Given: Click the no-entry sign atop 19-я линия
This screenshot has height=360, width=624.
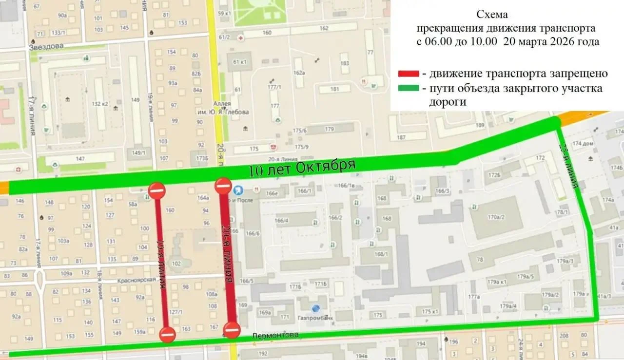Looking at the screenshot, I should [x=156, y=190].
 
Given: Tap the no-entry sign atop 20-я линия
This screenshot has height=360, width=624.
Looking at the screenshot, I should [x=223, y=185].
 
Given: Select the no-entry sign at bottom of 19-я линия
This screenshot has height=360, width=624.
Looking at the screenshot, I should [x=167, y=335].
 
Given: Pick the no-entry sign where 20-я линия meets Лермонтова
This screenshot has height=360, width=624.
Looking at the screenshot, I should [x=232, y=330].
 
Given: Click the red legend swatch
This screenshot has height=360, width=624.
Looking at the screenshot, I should [x=409, y=74].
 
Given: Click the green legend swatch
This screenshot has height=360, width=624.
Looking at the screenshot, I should [x=409, y=89].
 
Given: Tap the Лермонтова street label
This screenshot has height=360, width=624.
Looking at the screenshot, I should [x=275, y=336].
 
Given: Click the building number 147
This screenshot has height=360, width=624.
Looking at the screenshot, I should [x=80, y=159].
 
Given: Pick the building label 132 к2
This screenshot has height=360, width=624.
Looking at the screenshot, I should [x=99, y=104].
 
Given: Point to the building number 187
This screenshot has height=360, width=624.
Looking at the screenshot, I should [x=401, y=137].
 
